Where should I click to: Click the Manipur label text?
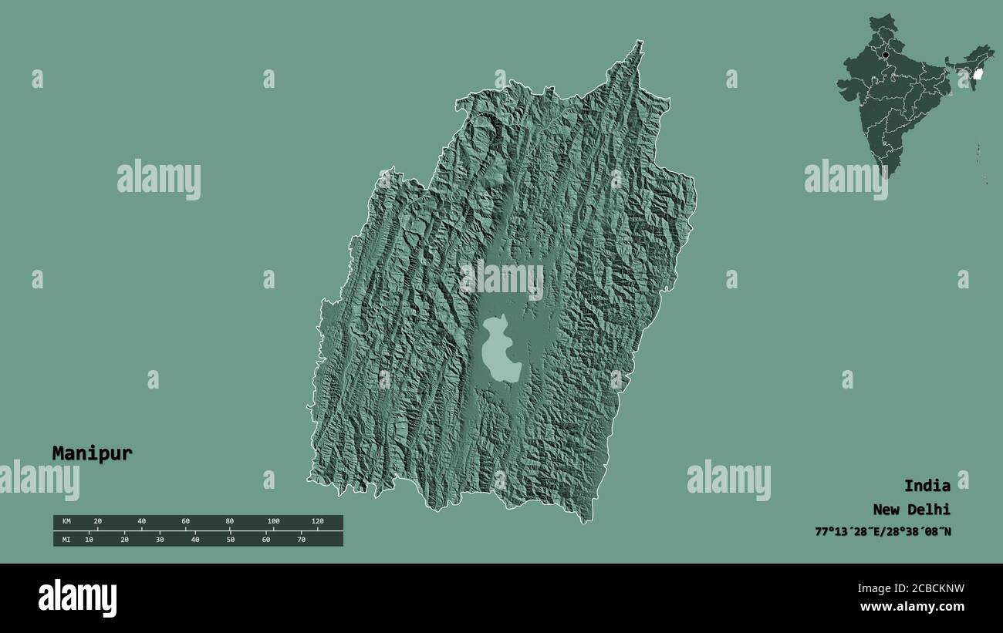tap(92, 453)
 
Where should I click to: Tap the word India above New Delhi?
tap(927, 486)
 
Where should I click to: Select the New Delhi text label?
tap(911, 510)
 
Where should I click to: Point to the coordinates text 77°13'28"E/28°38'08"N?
tap(883, 531)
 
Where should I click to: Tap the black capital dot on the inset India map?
tap(886, 55)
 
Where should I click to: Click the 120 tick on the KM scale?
tap(317, 522)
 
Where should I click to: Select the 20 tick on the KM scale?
tap(97, 522)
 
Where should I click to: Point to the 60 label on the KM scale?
tap(185, 522)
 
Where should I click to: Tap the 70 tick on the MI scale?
tap(301, 540)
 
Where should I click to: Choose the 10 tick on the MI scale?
tap(89, 540)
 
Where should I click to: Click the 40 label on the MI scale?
tap(194, 540)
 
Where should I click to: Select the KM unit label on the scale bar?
tap(66, 522)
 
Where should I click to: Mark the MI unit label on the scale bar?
tap(66, 540)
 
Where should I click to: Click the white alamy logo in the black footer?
tap(77, 598)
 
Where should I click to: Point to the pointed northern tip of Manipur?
tap(638, 43)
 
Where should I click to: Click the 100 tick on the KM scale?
tap(273, 522)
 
